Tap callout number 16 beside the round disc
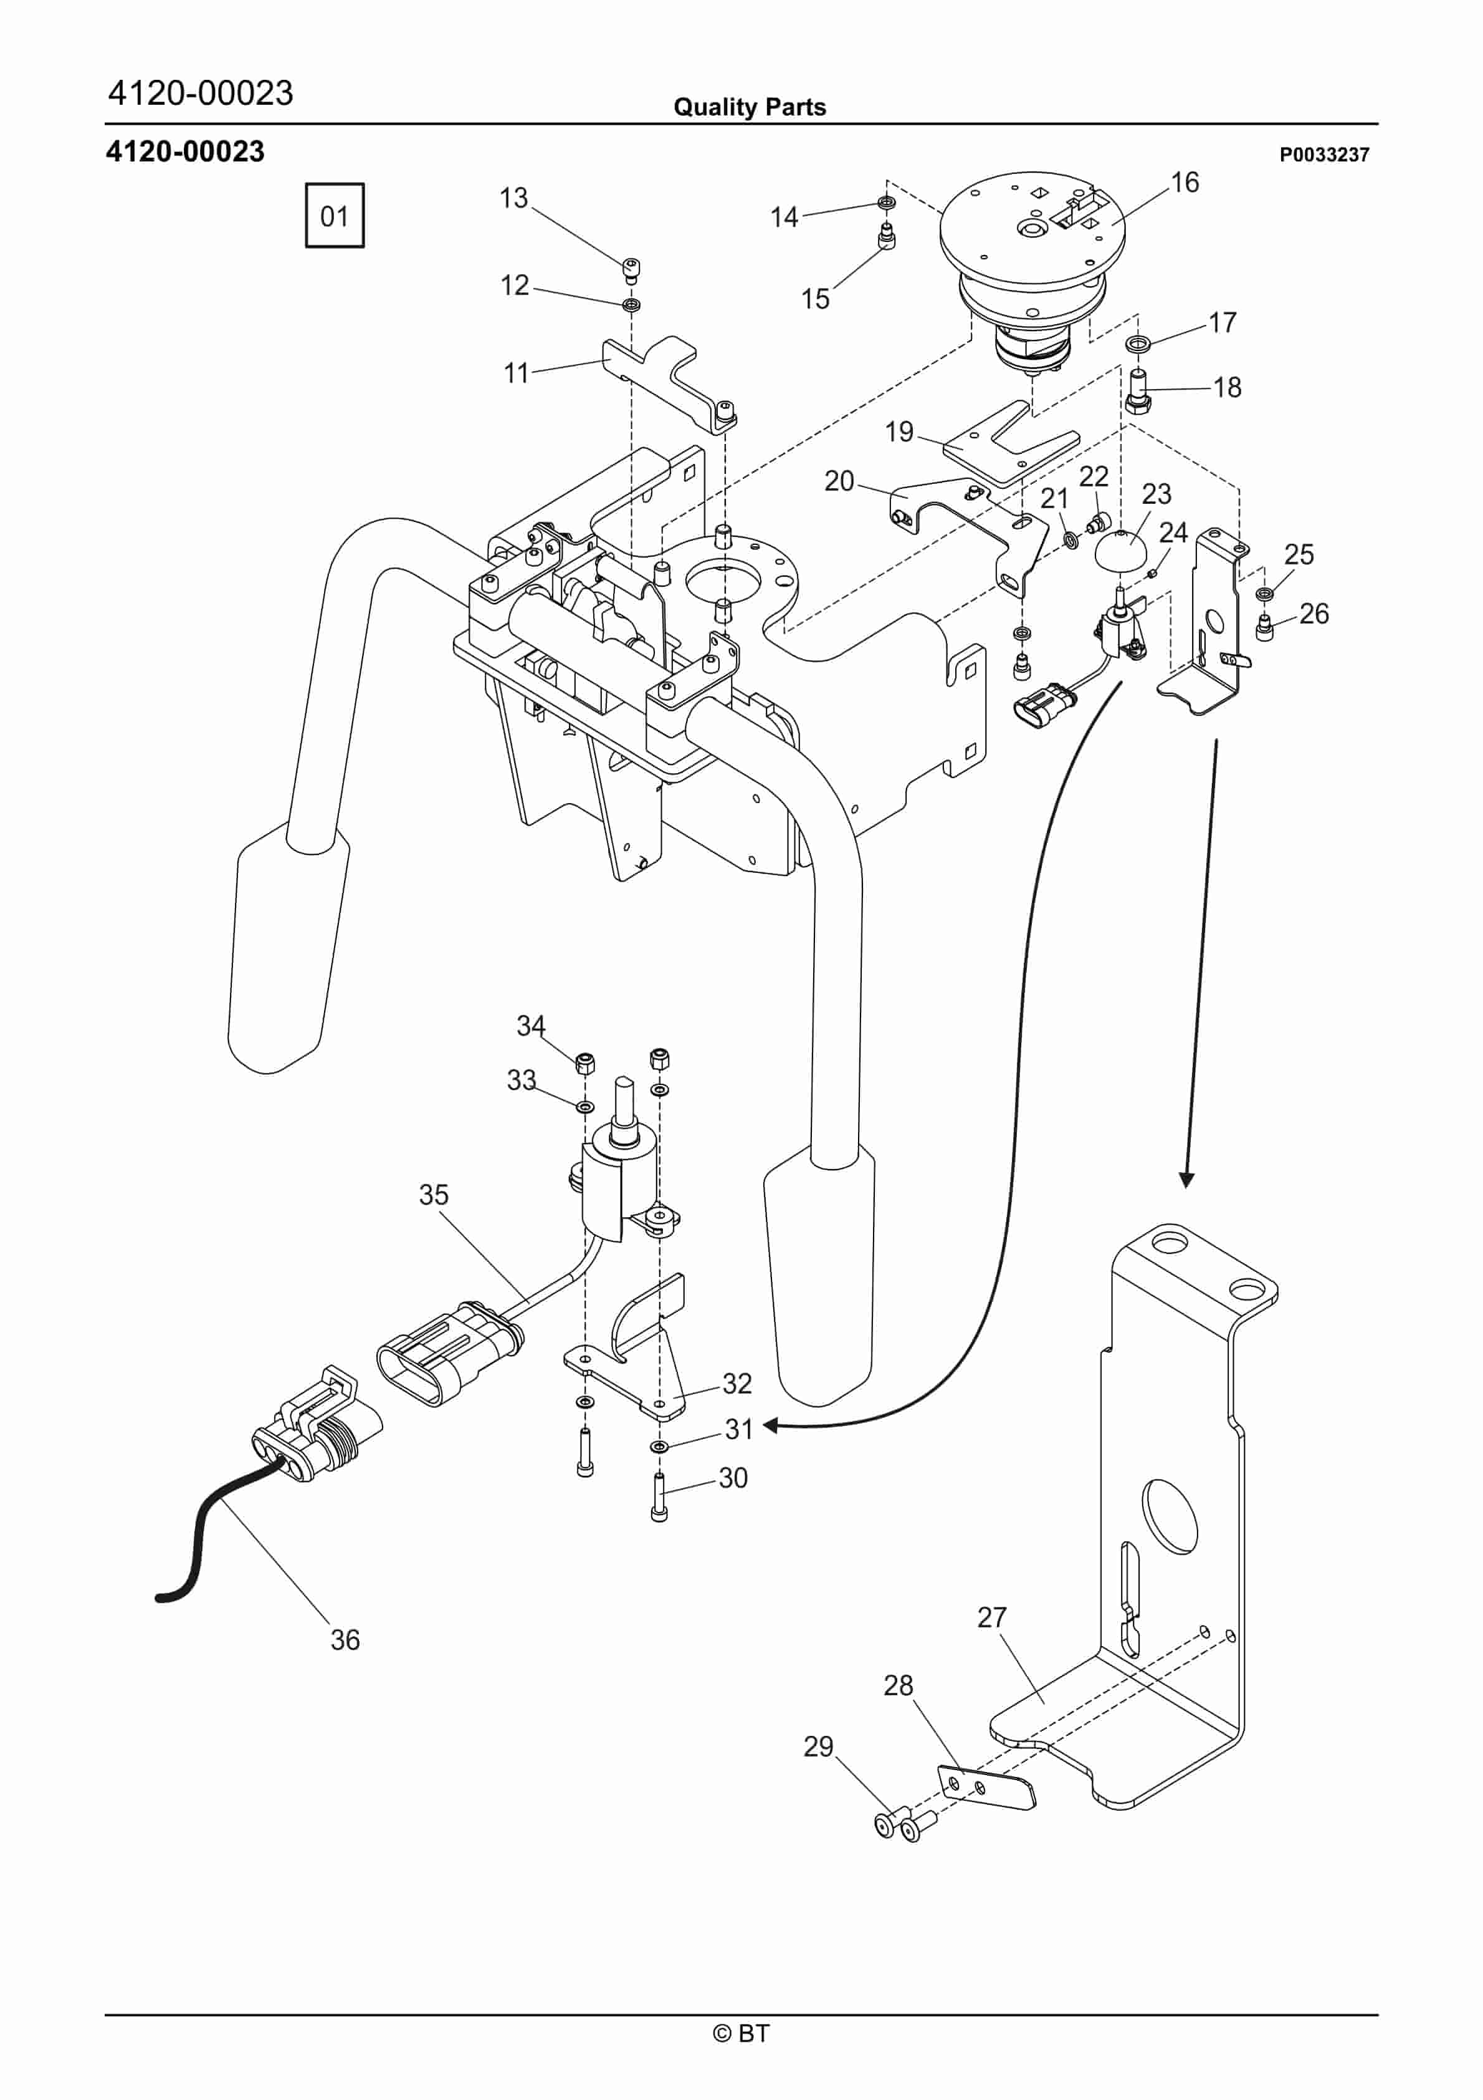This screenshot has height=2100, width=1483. click(x=1185, y=183)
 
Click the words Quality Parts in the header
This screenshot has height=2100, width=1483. click(x=749, y=107)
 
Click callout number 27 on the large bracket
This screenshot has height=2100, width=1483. click(x=991, y=1617)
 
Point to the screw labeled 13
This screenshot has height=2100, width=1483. click(x=631, y=269)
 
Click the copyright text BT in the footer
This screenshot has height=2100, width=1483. click(x=742, y=2033)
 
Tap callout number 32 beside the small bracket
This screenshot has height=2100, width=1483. click(x=737, y=1383)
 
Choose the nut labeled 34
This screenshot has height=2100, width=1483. click(x=585, y=1063)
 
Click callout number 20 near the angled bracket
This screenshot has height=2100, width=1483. click(x=839, y=481)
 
